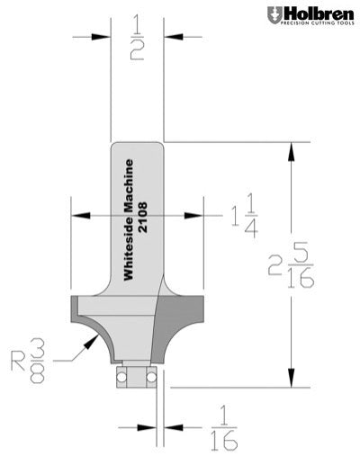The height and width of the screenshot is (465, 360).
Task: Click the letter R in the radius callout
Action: (18, 359)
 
